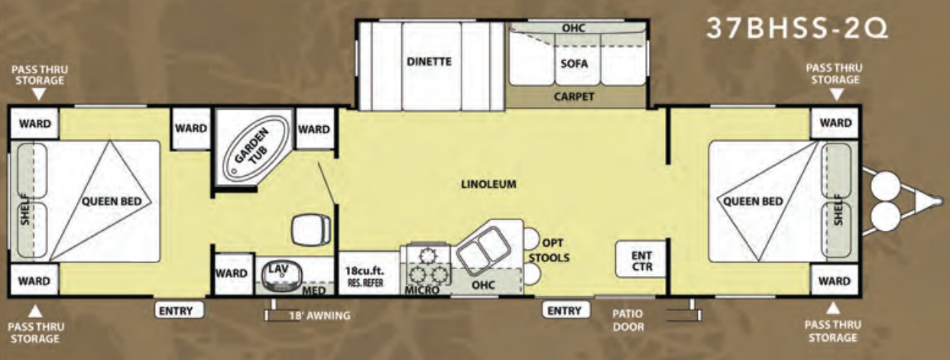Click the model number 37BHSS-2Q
796,28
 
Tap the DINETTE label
430,61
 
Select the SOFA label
574,63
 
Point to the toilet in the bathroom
311,229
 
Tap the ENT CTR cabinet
640,259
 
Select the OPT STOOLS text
550,250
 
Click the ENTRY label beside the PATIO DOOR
566,310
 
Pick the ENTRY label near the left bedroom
179,311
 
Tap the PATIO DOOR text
628,320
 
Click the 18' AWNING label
319,316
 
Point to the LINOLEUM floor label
488,184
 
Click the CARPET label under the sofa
574,96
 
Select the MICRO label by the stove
422,290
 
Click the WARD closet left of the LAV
232,273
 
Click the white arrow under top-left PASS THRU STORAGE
39,94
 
